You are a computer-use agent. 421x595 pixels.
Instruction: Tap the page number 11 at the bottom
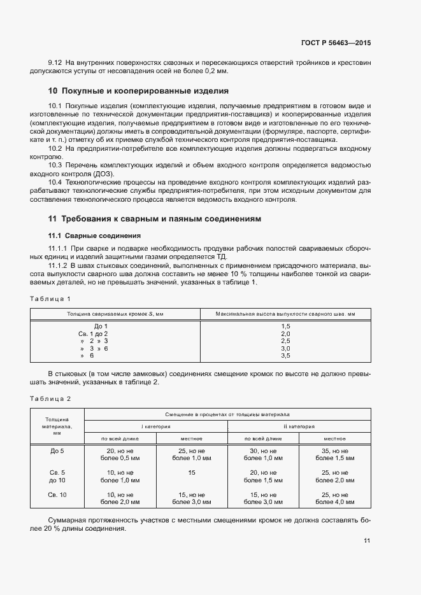click(367, 540)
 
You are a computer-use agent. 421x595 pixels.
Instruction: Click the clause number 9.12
click(55, 62)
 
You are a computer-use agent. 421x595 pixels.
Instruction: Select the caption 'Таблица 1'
click(50, 298)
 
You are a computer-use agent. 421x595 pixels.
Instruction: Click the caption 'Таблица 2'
click(50, 398)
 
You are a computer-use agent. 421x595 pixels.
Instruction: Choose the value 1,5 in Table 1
click(285, 326)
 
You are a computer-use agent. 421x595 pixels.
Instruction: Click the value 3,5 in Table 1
click(285, 356)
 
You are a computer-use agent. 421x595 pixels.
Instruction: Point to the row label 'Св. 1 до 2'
click(93, 333)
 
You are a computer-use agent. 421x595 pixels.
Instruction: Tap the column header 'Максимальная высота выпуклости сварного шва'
click(285, 314)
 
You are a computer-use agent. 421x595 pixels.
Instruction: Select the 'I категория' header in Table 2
click(155, 426)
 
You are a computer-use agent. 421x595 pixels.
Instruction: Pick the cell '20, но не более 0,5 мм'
click(120, 454)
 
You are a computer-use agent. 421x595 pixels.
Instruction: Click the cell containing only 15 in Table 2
click(192, 473)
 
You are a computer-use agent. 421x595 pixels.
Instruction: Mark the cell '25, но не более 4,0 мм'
click(334, 498)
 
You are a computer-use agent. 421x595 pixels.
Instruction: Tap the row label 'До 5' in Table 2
click(57, 451)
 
